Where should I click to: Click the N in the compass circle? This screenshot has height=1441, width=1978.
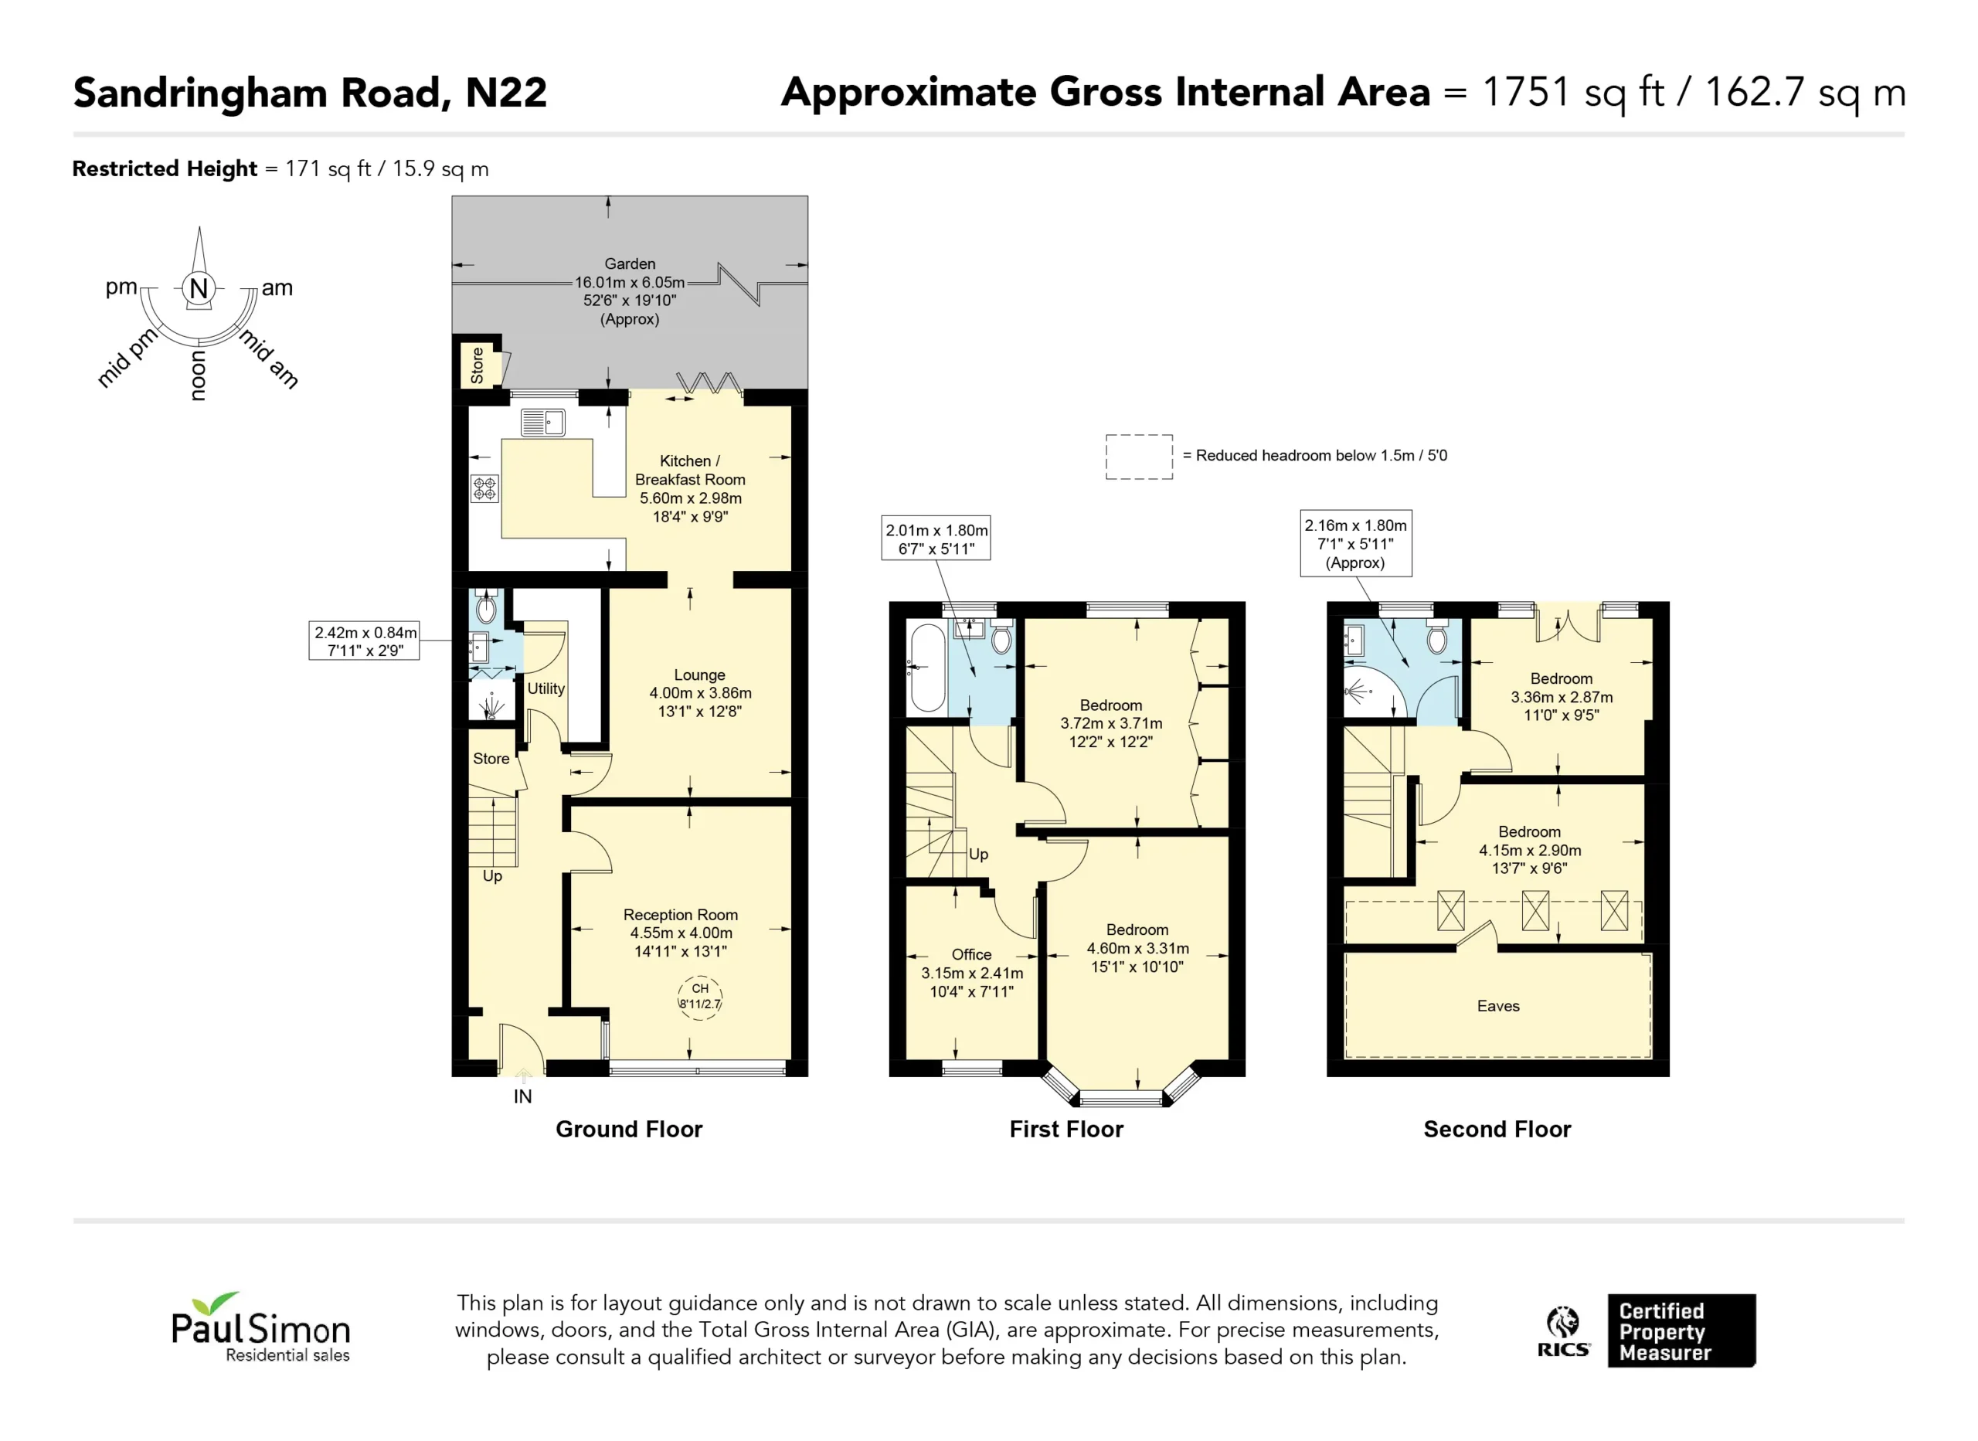pos(199,288)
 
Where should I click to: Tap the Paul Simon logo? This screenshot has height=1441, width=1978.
pos(260,1327)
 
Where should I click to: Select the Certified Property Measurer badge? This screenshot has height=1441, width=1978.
pos(1681,1331)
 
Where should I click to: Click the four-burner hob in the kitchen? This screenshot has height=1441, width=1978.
pos(485,488)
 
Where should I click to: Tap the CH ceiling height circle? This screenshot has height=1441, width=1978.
pos(700,997)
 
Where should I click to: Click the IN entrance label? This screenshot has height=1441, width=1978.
pos(522,1097)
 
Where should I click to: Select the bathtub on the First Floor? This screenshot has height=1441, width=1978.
pos(928,668)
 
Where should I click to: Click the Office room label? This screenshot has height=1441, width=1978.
pos(971,955)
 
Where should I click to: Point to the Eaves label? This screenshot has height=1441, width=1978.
pos(1498,1007)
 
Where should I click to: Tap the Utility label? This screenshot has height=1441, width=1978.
pos(546,689)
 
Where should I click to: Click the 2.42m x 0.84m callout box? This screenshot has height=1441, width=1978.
pos(365,641)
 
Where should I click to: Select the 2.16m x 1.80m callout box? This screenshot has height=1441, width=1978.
pos(1356,543)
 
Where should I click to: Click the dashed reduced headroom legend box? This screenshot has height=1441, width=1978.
pos(1139,457)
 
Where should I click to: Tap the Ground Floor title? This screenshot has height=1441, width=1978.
pos(629,1130)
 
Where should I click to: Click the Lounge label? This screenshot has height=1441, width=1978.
pos(699,675)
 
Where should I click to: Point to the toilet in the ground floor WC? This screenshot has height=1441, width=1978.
pos(487,607)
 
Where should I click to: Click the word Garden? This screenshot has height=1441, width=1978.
pos(630,264)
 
